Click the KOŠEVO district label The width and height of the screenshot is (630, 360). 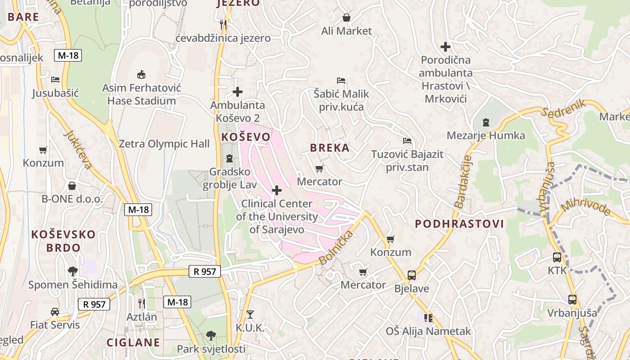(x=246, y=137)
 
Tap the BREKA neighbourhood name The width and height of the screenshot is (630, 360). (x=330, y=148)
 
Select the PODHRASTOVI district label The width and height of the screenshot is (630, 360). (x=459, y=224)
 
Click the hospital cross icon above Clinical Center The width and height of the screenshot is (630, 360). (x=277, y=190)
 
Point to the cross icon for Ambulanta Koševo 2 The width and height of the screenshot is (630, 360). (x=238, y=92)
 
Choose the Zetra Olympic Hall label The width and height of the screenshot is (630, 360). (x=164, y=144)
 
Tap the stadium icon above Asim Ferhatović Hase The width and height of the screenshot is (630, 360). (x=141, y=74)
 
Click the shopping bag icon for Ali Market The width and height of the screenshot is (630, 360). (x=346, y=18)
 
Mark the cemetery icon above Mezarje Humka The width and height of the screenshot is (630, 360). (x=486, y=122)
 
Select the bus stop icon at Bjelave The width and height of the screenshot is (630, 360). (x=411, y=275)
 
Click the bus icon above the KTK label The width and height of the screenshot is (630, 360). (x=557, y=257)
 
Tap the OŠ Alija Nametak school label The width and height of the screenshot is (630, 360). (x=428, y=331)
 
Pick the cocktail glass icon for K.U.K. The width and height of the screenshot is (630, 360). (x=250, y=314)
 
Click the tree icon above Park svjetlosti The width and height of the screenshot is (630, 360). (x=211, y=335)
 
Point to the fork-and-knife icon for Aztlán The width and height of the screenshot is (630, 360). (x=141, y=303)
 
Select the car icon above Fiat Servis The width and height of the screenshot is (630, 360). (x=54, y=311)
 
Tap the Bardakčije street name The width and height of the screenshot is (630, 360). (x=463, y=182)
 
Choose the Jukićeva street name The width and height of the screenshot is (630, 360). (x=78, y=149)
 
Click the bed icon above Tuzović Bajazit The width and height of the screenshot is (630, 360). (x=407, y=141)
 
